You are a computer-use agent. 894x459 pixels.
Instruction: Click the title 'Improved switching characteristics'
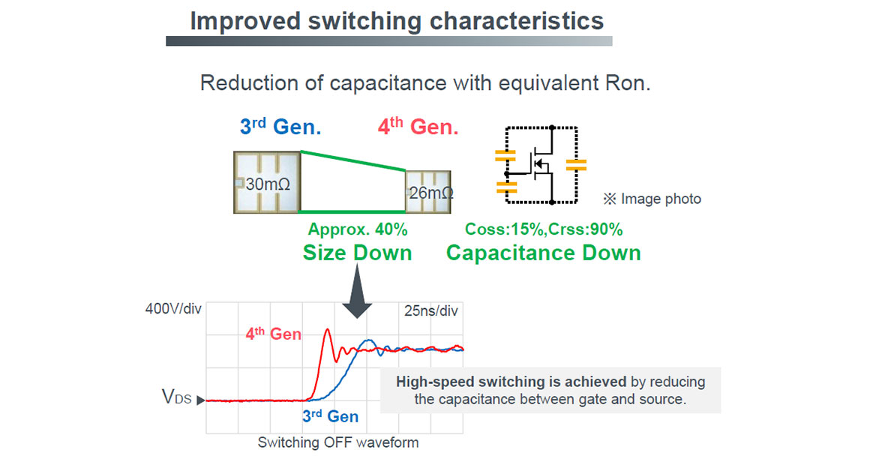pos(397,20)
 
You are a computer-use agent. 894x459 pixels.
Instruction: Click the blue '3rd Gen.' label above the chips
pos(280,127)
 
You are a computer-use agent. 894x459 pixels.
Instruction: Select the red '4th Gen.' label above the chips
pos(418,127)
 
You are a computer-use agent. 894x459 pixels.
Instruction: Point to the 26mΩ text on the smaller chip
pos(430,193)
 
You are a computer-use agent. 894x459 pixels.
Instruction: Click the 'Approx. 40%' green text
pos(357,229)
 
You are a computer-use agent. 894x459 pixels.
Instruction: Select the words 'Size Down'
pos(357,252)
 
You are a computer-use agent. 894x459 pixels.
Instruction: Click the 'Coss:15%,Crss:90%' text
pos(544,229)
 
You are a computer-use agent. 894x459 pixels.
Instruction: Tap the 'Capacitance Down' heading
pos(544,252)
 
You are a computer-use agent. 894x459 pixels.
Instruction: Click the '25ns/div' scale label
pos(430,310)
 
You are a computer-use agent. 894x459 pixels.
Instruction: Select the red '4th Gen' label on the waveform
pos(274,334)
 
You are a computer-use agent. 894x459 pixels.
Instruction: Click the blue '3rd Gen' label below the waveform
pos(330,416)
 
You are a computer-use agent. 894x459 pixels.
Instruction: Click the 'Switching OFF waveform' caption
pos(338,442)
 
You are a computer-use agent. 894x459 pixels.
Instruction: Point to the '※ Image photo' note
pos(652,199)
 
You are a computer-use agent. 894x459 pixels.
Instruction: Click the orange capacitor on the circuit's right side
pos(576,165)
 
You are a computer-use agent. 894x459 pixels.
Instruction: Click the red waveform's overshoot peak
pos(327,330)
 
